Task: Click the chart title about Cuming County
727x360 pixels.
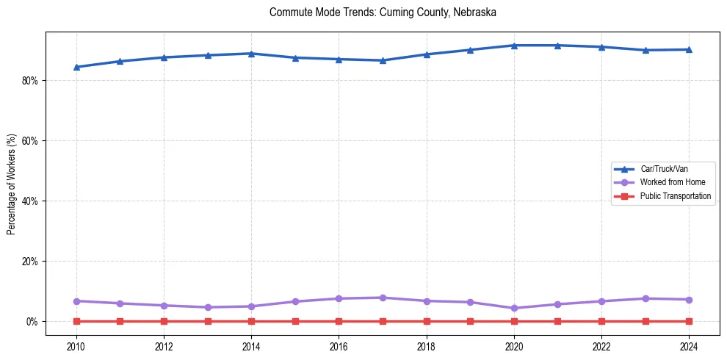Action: pyautogui.click(x=383, y=12)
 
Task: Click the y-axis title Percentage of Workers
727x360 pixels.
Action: pyautogui.click(x=11, y=184)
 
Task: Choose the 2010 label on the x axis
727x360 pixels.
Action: pyautogui.click(x=76, y=345)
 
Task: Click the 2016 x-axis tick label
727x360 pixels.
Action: pyautogui.click(x=339, y=345)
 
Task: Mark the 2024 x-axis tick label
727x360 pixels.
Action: pyautogui.click(x=689, y=345)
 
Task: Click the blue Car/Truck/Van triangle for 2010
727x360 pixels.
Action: pyautogui.click(x=76, y=67)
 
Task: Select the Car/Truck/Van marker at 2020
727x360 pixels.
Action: pyautogui.click(x=514, y=46)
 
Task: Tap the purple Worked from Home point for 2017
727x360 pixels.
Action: pyautogui.click(x=383, y=298)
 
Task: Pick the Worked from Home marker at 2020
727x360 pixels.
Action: pyautogui.click(x=514, y=308)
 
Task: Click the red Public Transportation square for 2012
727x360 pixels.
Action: pyautogui.click(x=164, y=321)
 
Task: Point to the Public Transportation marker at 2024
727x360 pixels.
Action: pyautogui.click(x=689, y=321)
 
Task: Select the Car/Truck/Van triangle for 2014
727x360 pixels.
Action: pyautogui.click(x=251, y=54)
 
